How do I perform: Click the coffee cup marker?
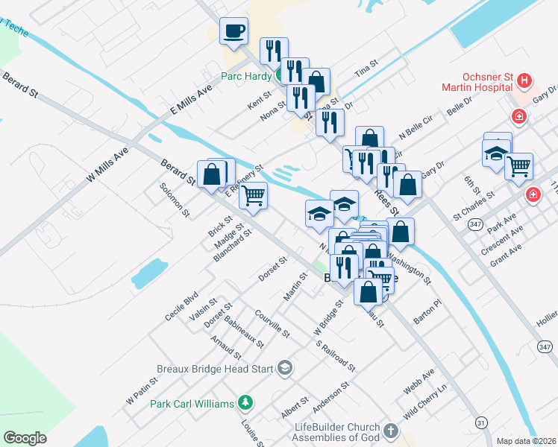point(233,32)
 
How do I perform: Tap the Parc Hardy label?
point(246,75)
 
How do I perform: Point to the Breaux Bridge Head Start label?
point(215,367)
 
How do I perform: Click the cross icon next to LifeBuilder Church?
point(390,431)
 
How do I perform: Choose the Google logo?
point(25,438)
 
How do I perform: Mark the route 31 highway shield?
point(482,422)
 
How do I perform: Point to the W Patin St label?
point(142,390)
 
